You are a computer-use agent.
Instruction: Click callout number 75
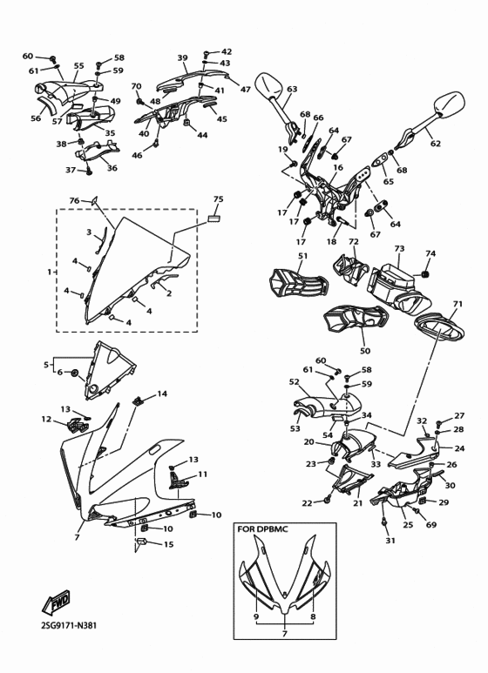tap(219, 199)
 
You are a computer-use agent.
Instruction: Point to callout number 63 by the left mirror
tap(292, 89)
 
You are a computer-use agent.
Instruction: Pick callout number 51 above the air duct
tap(302, 256)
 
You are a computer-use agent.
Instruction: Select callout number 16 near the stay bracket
tap(337, 167)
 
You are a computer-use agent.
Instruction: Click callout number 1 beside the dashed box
tap(50, 272)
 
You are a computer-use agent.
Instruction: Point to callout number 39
tap(182, 58)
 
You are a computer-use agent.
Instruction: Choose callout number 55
tap(78, 65)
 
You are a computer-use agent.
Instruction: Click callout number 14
tap(162, 394)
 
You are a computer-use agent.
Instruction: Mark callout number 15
tap(168, 545)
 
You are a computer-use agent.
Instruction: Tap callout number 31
tap(390, 541)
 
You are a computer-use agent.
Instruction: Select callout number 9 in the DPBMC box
tap(256, 616)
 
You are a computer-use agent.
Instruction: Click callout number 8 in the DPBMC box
tap(312, 616)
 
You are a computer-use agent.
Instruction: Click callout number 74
tap(430, 254)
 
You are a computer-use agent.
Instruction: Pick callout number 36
tap(112, 168)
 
